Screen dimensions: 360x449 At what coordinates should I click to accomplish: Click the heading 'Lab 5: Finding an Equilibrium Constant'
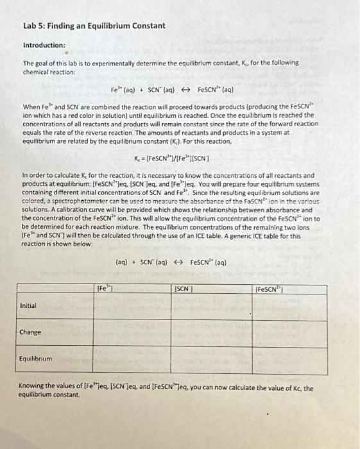pos(85,26)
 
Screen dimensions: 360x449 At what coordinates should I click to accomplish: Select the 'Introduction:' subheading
pos(44,46)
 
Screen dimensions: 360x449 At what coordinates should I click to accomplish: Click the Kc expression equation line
pos(180,158)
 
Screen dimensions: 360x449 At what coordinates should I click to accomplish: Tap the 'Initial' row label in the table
pos(29,305)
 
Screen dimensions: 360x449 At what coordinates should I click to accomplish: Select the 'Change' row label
pos(30,332)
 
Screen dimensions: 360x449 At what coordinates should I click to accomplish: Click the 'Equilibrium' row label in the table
pos(36,359)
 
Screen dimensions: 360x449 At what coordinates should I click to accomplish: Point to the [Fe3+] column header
pos(104,289)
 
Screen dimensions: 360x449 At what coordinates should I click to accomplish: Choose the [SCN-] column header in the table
pos(184,290)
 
